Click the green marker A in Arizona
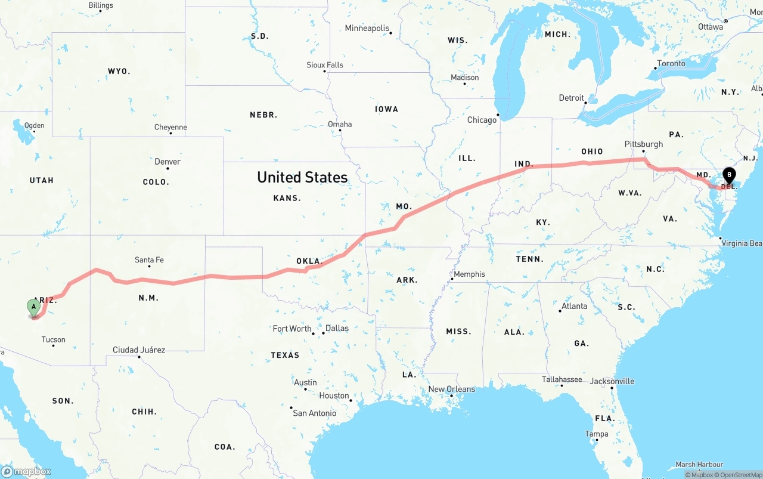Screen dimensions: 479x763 34,307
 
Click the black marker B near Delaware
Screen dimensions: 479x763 728,175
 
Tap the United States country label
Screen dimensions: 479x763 302,177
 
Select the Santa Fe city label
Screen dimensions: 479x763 149,260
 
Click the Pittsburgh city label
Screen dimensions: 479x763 643,144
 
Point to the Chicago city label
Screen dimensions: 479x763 482,120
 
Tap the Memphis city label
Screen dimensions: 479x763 469,274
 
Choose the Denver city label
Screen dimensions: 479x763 167,162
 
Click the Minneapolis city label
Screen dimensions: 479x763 367,29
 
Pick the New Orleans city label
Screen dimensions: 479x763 452,390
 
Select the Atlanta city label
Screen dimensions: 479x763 574,307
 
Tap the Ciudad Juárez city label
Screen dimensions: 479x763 139,350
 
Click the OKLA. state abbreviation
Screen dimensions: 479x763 309,261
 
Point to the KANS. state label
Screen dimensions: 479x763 287,198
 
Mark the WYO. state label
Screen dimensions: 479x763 119,72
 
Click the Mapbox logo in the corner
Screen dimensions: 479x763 26,471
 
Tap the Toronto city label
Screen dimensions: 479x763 671,64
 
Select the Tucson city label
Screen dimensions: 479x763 53,340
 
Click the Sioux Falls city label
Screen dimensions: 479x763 325,65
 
